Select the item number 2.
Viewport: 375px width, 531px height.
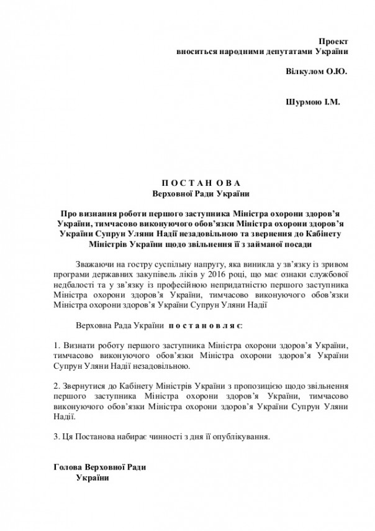56,385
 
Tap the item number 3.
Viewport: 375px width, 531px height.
56,436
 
